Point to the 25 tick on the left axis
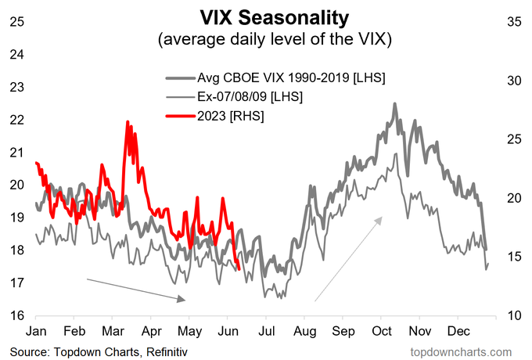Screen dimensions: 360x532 (x=16, y=21)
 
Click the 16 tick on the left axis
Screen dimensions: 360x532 (x=16, y=315)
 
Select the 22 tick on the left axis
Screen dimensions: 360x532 (x=16, y=119)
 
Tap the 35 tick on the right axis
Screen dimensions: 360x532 (x=514, y=21)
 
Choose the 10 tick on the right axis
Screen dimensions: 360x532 (x=514, y=315)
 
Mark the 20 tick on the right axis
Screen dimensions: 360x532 (x=514, y=198)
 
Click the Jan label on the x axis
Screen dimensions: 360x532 (x=36, y=331)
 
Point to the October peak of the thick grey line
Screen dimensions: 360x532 (x=395, y=103)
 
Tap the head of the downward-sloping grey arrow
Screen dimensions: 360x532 (x=185, y=299)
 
